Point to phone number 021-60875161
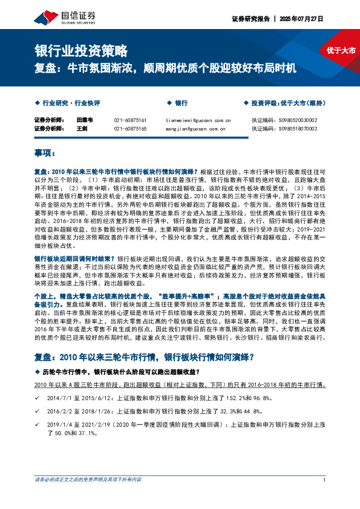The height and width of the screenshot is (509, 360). pyautogui.click(x=130, y=120)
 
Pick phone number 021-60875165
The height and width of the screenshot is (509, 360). pyautogui.click(x=130, y=128)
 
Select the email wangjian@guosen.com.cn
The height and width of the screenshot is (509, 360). pyautogui.click(x=195, y=128)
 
